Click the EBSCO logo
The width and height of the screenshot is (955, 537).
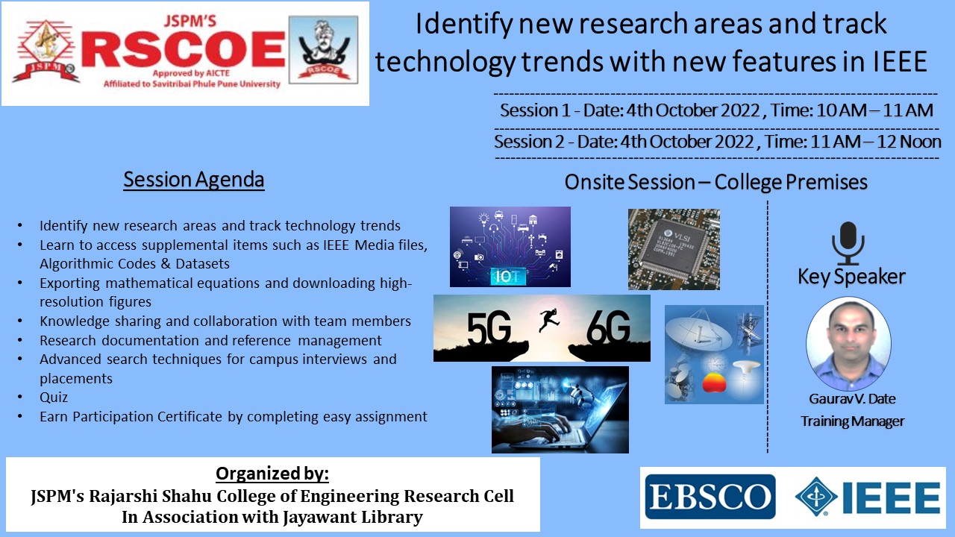[x=710, y=497]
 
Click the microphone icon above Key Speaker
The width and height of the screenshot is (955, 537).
[x=848, y=243]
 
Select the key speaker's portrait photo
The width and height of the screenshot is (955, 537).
[x=848, y=344]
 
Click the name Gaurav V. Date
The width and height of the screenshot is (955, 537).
[x=852, y=399]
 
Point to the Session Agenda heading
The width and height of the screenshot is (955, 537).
[x=194, y=180]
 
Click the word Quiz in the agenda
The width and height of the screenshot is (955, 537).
[x=54, y=398]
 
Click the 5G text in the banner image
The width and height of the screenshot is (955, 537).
[x=489, y=328]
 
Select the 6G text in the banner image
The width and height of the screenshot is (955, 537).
[x=608, y=328]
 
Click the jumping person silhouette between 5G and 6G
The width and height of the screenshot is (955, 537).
[x=548, y=320]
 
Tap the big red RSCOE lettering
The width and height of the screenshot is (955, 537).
[x=184, y=50]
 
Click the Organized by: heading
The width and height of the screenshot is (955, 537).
[x=272, y=474]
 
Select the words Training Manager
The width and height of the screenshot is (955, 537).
[x=852, y=421]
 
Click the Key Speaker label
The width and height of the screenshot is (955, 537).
[x=851, y=277]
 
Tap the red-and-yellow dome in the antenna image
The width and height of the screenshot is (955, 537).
[x=714, y=383]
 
